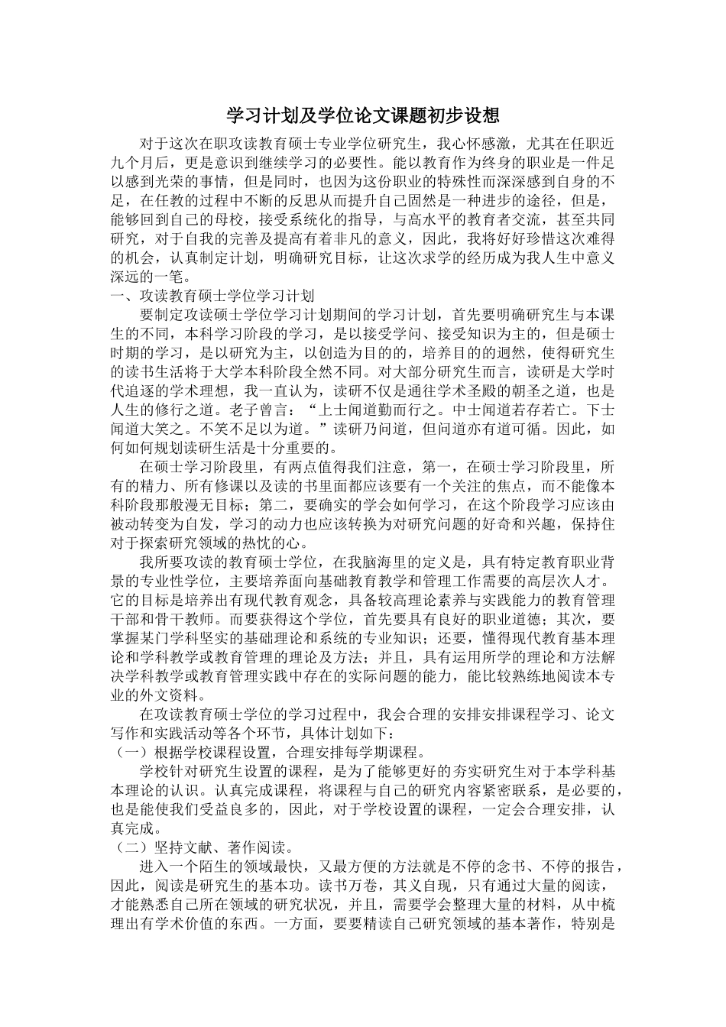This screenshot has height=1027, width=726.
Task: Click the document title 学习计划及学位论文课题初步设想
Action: point(363,115)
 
